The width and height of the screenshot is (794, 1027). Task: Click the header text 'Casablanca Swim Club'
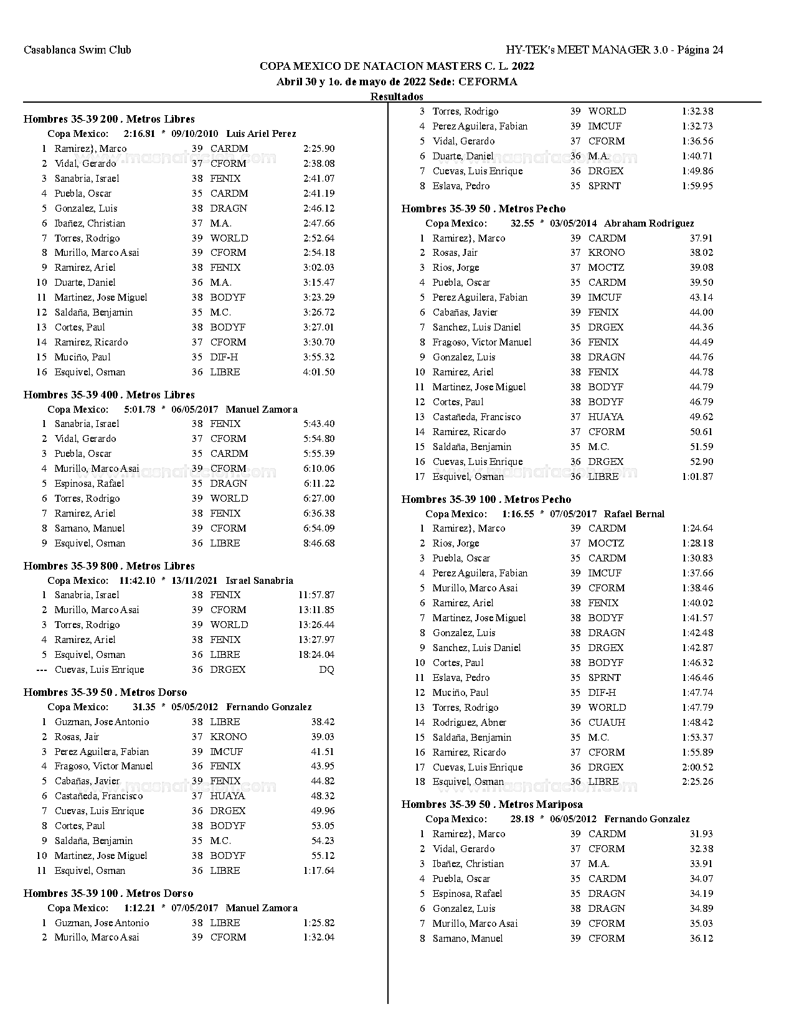(x=77, y=50)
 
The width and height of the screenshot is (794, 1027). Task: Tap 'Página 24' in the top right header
(x=700, y=50)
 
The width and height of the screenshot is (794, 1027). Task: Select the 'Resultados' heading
(x=397, y=96)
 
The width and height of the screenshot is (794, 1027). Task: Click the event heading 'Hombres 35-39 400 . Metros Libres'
(x=109, y=395)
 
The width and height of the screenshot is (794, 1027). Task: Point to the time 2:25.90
(x=319, y=149)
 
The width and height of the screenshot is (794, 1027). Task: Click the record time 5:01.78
(x=139, y=410)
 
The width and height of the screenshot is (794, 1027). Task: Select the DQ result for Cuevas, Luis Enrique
(x=326, y=670)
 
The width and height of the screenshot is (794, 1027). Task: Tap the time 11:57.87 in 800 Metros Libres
(x=316, y=595)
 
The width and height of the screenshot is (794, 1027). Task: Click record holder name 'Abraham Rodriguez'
(x=649, y=223)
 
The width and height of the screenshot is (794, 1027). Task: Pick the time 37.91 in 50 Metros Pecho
(x=701, y=238)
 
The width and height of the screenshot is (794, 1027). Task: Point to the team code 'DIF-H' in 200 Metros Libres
(x=224, y=357)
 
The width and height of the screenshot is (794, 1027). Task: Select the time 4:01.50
(x=319, y=372)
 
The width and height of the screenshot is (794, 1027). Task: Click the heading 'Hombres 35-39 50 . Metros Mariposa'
(x=492, y=804)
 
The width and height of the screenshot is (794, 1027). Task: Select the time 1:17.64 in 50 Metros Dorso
(x=319, y=871)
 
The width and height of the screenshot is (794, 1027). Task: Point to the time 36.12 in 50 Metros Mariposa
(x=701, y=939)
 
